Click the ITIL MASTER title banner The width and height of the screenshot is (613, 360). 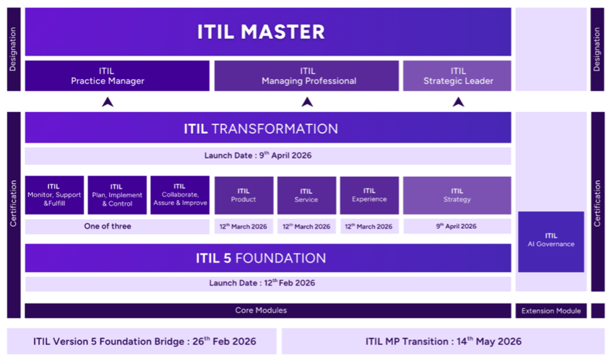268,31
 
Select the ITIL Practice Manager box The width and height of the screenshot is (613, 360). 118,76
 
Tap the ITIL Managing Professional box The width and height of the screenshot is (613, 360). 307,76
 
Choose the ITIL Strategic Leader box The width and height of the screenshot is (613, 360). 457,76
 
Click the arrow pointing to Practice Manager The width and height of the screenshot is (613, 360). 108,102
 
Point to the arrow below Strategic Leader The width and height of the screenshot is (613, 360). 458,102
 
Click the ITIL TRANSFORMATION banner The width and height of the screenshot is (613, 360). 268,128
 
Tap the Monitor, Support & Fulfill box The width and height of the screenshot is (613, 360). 54,195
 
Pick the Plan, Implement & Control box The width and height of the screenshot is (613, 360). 118,195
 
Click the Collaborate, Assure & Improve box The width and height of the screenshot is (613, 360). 180,195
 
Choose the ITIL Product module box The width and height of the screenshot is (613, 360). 243,195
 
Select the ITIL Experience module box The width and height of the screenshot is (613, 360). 369,195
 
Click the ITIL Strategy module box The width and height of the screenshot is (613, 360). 457,195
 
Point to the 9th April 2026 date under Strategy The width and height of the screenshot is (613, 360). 457,226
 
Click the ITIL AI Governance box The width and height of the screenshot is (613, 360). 551,242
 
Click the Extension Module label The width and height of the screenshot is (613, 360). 551,311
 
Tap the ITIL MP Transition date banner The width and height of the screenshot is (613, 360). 443,341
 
